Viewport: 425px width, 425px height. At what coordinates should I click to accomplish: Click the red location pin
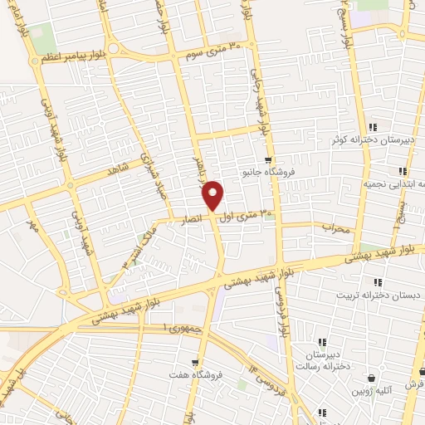pos(213,195)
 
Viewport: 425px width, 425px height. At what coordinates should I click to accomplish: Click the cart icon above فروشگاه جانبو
pos(267,161)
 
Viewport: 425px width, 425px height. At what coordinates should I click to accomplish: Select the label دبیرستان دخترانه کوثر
pos(373,140)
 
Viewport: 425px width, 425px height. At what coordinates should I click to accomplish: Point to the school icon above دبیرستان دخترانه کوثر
pos(373,127)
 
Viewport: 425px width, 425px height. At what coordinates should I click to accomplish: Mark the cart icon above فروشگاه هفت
pos(195,363)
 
